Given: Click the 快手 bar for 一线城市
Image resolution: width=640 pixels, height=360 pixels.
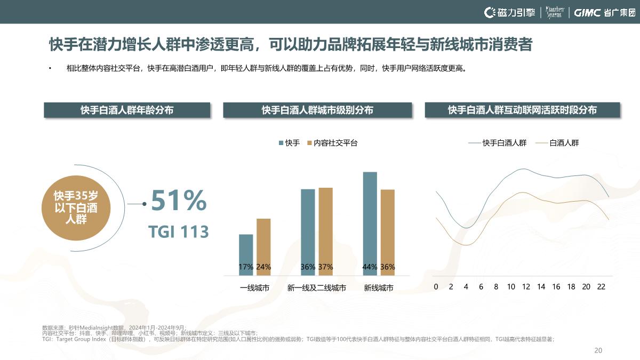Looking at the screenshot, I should click(246, 254).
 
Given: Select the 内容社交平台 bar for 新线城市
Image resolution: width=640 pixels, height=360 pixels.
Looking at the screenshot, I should click(388, 232).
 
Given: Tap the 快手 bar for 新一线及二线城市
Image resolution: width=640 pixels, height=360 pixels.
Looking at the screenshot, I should click(308, 232).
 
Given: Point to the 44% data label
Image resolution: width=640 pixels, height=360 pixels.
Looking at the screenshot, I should click(370, 267).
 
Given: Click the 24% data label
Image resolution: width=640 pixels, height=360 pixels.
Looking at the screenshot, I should click(263, 267).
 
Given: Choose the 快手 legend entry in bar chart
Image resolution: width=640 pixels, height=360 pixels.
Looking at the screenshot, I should click(289, 143).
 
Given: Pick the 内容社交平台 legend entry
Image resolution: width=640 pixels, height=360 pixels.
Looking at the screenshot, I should click(332, 143).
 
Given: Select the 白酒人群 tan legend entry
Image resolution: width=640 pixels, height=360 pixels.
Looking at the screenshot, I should click(557, 143).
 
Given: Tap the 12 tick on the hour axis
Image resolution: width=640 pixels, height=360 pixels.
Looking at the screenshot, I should click(526, 287).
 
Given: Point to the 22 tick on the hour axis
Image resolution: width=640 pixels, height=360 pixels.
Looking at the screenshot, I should click(601, 287).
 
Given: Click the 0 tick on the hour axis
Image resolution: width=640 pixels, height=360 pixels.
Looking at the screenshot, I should click(436, 287).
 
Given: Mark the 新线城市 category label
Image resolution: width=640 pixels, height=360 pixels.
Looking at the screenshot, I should click(379, 288).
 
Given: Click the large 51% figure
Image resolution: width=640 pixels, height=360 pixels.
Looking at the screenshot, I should click(178, 201).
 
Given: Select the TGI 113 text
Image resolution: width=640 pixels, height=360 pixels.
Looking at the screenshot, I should click(178, 232).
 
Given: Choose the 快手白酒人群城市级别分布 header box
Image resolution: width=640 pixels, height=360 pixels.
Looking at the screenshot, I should click(317, 110).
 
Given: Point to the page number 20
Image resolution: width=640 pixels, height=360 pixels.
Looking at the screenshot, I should click(598, 350).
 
